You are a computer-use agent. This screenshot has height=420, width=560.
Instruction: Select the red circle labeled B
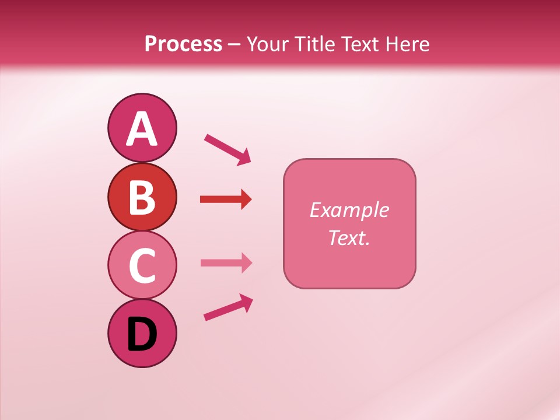click(x=142, y=197)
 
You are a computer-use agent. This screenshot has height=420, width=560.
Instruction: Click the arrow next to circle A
click(x=228, y=149)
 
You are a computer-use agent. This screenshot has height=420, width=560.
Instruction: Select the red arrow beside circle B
click(x=226, y=199)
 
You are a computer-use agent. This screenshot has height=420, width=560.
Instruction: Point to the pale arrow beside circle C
click(x=226, y=262)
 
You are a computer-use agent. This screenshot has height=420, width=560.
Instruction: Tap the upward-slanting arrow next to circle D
click(x=228, y=307)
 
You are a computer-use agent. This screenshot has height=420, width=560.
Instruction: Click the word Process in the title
click(x=183, y=44)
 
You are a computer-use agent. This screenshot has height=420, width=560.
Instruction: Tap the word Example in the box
click(x=349, y=210)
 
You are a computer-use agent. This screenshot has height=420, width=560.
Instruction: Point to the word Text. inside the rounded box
click(x=349, y=237)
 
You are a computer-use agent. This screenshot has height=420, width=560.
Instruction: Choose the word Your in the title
click(x=266, y=44)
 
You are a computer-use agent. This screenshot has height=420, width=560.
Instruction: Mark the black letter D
click(x=142, y=335)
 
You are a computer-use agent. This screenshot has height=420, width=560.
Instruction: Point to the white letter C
click(x=142, y=265)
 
